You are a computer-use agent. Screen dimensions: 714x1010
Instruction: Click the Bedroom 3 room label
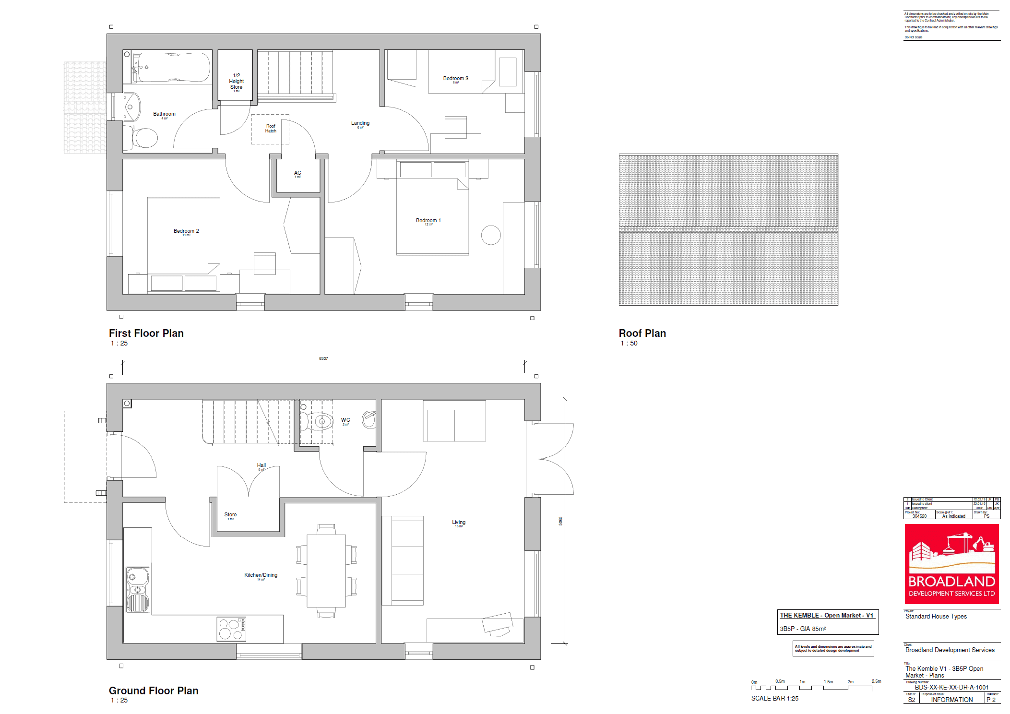tap(455, 79)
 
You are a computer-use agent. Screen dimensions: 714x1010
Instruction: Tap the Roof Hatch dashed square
tap(271, 129)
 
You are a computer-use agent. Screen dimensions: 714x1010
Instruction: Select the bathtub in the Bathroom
tap(172, 67)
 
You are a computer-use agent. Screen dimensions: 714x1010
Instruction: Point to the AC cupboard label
tap(297, 173)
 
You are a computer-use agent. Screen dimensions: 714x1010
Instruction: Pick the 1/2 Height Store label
tap(236, 82)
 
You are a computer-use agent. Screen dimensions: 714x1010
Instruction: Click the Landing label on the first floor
tap(360, 123)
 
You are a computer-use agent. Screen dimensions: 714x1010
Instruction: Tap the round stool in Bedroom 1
tap(490, 235)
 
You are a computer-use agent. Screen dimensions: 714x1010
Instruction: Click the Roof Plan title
tap(642, 333)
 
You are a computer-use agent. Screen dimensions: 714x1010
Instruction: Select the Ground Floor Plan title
tap(153, 690)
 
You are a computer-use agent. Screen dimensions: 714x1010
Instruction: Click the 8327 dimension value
tap(323, 358)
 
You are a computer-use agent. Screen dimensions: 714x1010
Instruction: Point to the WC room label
tap(345, 420)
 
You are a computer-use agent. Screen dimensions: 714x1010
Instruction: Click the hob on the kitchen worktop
tap(231, 629)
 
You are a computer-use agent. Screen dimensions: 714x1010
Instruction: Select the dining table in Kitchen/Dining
tap(326, 571)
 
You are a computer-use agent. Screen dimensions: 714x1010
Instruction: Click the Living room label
tap(458, 523)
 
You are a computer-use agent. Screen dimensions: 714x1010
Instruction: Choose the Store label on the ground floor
tap(230, 515)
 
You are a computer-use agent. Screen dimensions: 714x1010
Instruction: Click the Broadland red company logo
tap(951, 564)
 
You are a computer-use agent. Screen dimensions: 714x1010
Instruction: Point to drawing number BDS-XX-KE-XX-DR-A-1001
tap(951, 687)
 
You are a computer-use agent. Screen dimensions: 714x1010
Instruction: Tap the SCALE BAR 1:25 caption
tap(774, 699)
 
